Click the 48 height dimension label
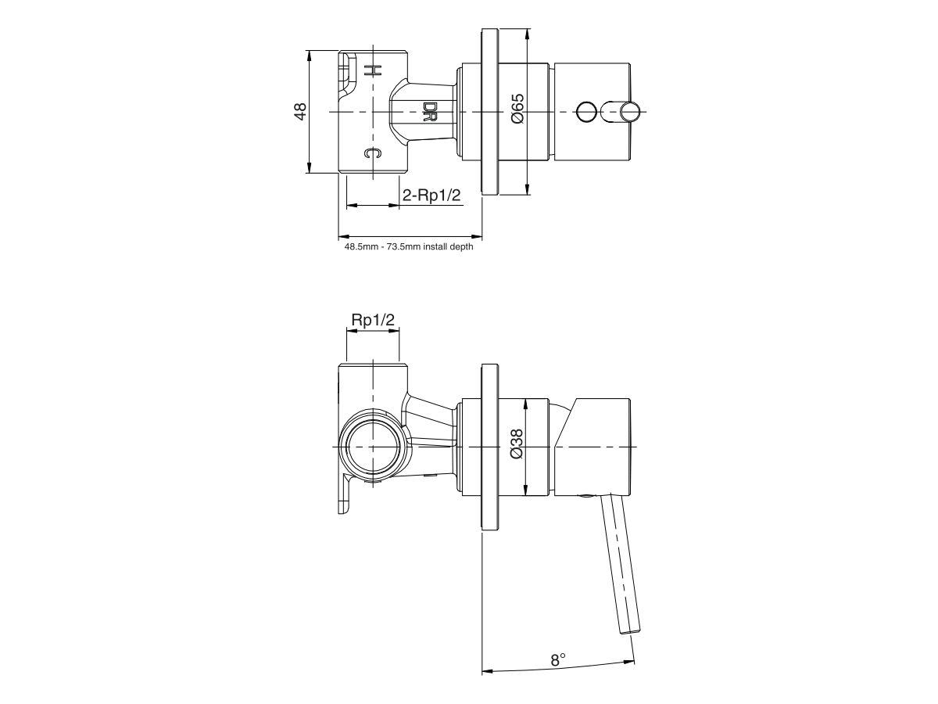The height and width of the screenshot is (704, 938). pyautogui.click(x=299, y=112)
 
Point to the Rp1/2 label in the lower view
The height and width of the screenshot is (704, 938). pyautogui.click(x=373, y=320)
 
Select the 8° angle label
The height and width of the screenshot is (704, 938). pyautogui.click(x=557, y=659)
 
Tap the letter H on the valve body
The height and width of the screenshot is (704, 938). pyautogui.click(x=373, y=70)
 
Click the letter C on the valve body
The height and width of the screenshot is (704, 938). pyautogui.click(x=373, y=153)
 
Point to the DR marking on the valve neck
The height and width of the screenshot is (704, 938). pyautogui.click(x=429, y=112)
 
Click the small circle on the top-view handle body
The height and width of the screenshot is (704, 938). pyautogui.click(x=585, y=112)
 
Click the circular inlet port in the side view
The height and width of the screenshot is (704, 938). pyautogui.click(x=373, y=447)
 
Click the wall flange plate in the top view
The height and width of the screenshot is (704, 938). pyautogui.click(x=491, y=112)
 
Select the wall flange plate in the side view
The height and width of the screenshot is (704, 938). pyautogui.click(x=491, y=447)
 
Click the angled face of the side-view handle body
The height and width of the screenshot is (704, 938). pyautogui.click(x=564, y=426)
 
